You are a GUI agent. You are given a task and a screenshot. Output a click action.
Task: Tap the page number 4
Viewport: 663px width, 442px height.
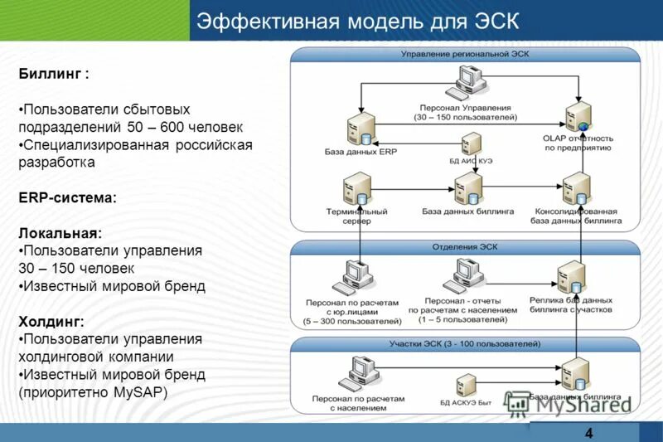[x=588, y=433]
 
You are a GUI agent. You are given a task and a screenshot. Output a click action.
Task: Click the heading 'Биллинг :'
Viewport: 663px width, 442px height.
[x=54, y=74]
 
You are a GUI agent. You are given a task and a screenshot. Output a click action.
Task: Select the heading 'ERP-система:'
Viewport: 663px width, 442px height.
[x=67, y=198]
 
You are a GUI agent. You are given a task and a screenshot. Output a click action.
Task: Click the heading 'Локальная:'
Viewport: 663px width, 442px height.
[x=60, y=233]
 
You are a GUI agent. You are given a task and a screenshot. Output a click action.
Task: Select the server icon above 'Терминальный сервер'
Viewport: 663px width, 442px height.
[x=359, y=189]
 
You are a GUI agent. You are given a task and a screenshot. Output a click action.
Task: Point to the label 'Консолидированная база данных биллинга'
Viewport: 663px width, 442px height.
[x=575, y=216]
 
